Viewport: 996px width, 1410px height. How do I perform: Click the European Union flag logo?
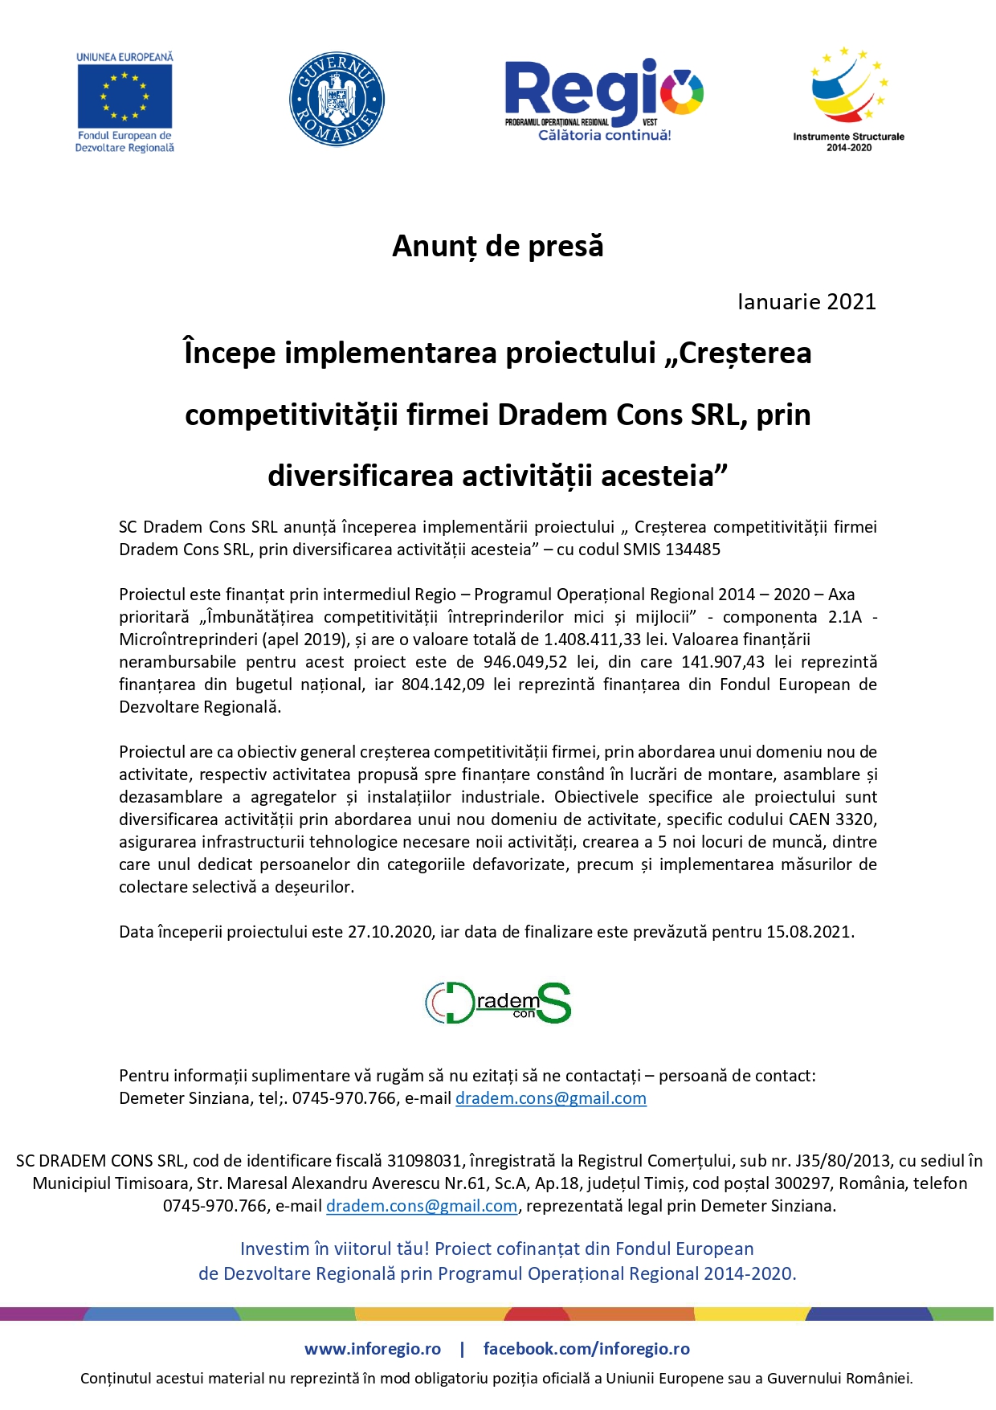coord(124,96)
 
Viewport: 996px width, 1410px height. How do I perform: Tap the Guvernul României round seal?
coord(337,100)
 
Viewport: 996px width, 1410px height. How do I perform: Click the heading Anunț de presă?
coord(497,246)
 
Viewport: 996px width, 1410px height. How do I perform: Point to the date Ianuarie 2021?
coord(806,302)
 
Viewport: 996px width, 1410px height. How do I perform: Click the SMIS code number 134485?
coord(694,550)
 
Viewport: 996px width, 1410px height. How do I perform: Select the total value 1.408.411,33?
coord(594,640)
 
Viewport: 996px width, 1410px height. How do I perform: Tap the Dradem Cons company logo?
coord(498,1003)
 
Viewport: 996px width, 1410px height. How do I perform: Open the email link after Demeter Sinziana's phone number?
coord(551,1098)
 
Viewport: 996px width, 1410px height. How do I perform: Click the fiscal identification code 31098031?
coord(425,1161)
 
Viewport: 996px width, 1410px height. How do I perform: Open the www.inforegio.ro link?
coord(373,1349)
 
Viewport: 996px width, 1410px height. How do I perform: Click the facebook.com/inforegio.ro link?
coord(586,1349)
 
